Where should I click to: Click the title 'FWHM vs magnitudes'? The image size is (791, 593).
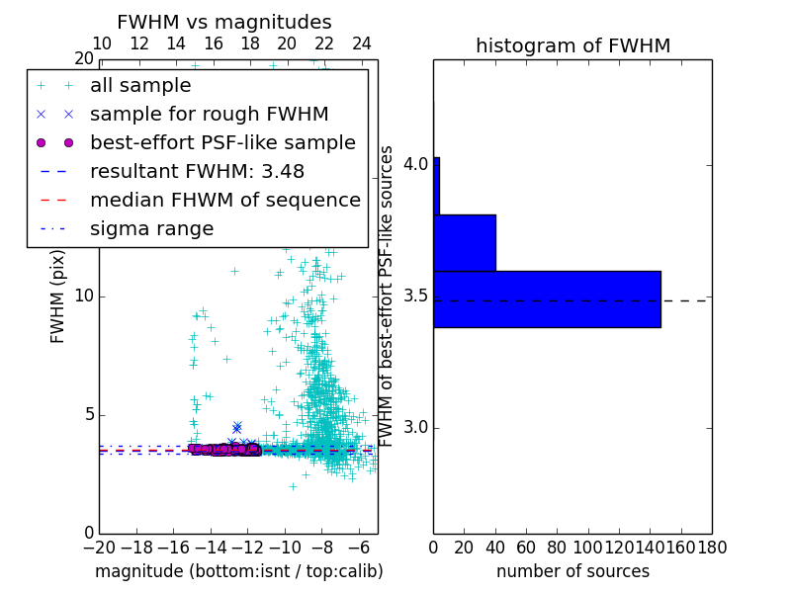pos(224,22)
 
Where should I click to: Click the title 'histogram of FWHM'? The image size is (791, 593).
pos(572,45)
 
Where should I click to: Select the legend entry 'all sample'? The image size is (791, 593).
pos(140,86)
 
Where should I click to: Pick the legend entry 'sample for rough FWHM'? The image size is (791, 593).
pos(210,114)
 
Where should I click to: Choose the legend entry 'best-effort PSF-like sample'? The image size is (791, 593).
pos(222,142)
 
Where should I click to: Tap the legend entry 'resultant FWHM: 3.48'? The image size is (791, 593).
pos(197,171)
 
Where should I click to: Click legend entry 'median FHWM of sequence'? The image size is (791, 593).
pos(225,200)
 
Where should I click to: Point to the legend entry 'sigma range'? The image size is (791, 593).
pos(151,228)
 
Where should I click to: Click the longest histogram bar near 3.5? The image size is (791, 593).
pos(547,298)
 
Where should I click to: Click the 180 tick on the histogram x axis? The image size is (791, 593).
pos(712,548)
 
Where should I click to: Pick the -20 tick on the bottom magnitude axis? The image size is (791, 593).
pos(99,548)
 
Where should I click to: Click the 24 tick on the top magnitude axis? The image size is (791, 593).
pos(361,44)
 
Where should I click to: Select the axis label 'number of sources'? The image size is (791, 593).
pos(572,571)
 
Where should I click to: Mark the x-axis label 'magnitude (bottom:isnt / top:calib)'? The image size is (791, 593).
pos(238,571)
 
